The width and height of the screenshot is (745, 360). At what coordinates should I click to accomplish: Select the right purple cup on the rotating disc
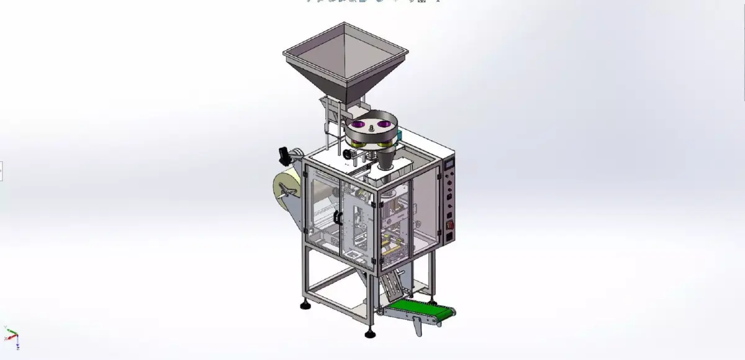coord(386,125)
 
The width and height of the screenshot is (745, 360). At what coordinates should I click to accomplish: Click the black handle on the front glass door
coord(338,217)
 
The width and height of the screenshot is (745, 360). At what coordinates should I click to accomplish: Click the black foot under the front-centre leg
coord(371,334)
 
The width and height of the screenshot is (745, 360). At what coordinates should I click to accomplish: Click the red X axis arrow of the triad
coord(7,339)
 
